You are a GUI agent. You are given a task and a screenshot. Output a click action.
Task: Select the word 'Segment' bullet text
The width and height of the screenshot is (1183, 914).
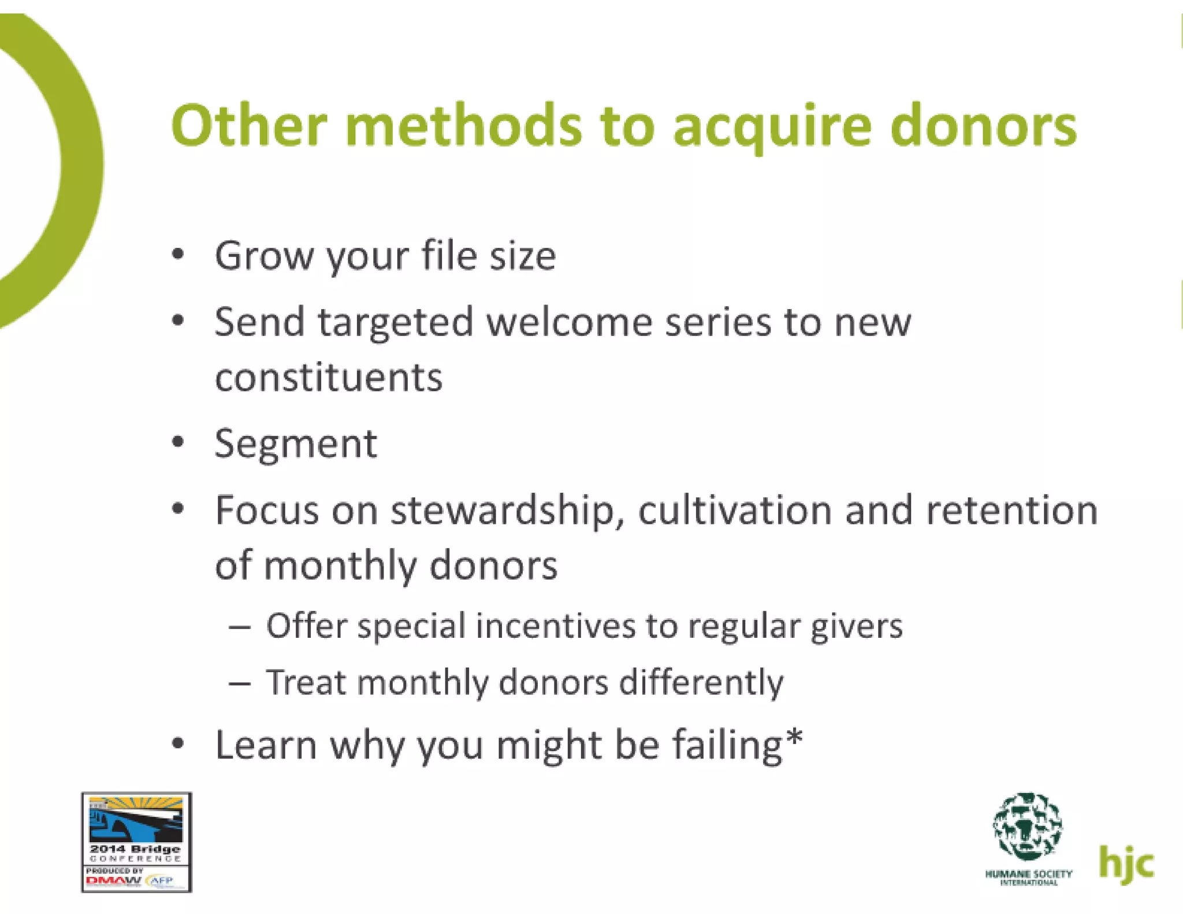(x=296, y=444)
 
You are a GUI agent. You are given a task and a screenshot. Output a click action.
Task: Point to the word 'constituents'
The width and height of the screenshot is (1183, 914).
(x=329, y=378)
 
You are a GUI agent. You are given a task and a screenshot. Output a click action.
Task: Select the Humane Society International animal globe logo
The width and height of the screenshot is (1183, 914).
(x=1028, y=826)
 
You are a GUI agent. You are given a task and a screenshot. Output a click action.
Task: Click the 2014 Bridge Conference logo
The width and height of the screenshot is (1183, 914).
(x=136, y=842)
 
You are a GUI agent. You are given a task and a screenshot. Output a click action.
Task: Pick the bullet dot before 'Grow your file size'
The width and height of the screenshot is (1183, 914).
(x=178, y=254)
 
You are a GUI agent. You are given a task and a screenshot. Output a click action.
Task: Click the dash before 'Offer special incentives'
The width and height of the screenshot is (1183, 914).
(x=239, y=626)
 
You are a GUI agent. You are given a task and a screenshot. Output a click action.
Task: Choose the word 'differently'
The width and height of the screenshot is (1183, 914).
(x=701, y=682)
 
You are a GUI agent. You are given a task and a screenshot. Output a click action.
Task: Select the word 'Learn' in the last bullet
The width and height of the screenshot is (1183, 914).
(x=266, y=745)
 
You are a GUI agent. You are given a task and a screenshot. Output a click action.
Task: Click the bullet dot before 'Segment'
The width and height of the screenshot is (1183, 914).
(x=178, y=443)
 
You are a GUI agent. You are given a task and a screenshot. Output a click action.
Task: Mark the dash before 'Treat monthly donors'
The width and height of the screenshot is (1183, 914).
(x=239, y=683)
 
